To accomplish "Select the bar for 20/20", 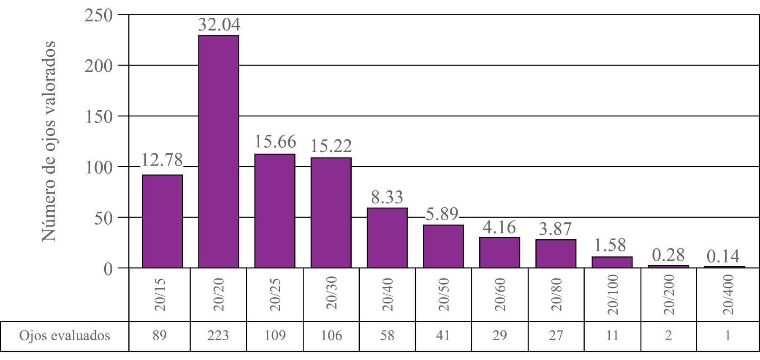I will [x=218, y=152].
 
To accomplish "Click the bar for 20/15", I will [x=162, y=221].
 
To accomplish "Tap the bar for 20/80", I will [x=556, y=254].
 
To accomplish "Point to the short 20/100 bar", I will [x=612, y=262].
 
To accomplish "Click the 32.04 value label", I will [x=219, y=25].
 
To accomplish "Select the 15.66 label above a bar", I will [x=275, y=142].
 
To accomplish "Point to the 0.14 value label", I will [x=723, y=256].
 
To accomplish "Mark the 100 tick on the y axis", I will [x=99, y=168].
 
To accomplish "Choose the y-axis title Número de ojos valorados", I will [x=49, y=141].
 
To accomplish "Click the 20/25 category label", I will [x=275, y=294].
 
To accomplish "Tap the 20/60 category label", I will [x=500, y=294].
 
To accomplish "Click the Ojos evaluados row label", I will [x=65, y=336].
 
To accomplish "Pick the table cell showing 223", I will [x=218, y=336].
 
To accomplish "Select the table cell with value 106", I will [x=331, y=336].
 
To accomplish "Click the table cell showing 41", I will [x=443, y=336].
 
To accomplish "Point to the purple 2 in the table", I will [x=668, y=336].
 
